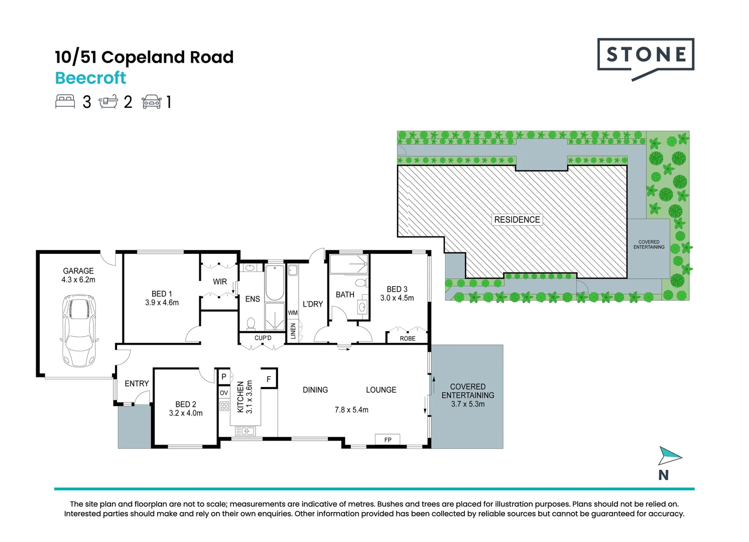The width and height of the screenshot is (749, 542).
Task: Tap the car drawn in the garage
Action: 79,331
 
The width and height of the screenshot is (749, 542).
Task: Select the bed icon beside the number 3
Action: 65,102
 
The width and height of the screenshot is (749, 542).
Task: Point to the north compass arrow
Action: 669,455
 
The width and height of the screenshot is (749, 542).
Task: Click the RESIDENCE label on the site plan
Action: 517,220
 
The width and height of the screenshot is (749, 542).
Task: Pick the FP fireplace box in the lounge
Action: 388,440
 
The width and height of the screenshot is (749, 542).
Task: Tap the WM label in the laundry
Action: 293,313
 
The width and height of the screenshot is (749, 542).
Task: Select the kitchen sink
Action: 245,431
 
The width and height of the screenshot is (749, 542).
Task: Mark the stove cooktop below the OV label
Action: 224,406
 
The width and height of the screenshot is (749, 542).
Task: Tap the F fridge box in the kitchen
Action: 269,379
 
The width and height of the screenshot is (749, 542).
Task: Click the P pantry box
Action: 224,376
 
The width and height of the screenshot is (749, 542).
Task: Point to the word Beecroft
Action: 91,78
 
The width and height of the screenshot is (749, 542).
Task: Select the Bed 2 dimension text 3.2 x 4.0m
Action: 186,413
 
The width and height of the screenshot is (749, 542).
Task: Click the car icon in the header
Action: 152,102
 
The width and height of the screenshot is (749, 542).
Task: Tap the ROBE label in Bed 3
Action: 408,338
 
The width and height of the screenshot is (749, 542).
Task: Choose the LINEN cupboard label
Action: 293,331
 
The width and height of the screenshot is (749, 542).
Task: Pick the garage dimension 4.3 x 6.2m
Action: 78,280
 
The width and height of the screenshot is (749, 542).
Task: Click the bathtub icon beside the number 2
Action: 108,102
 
